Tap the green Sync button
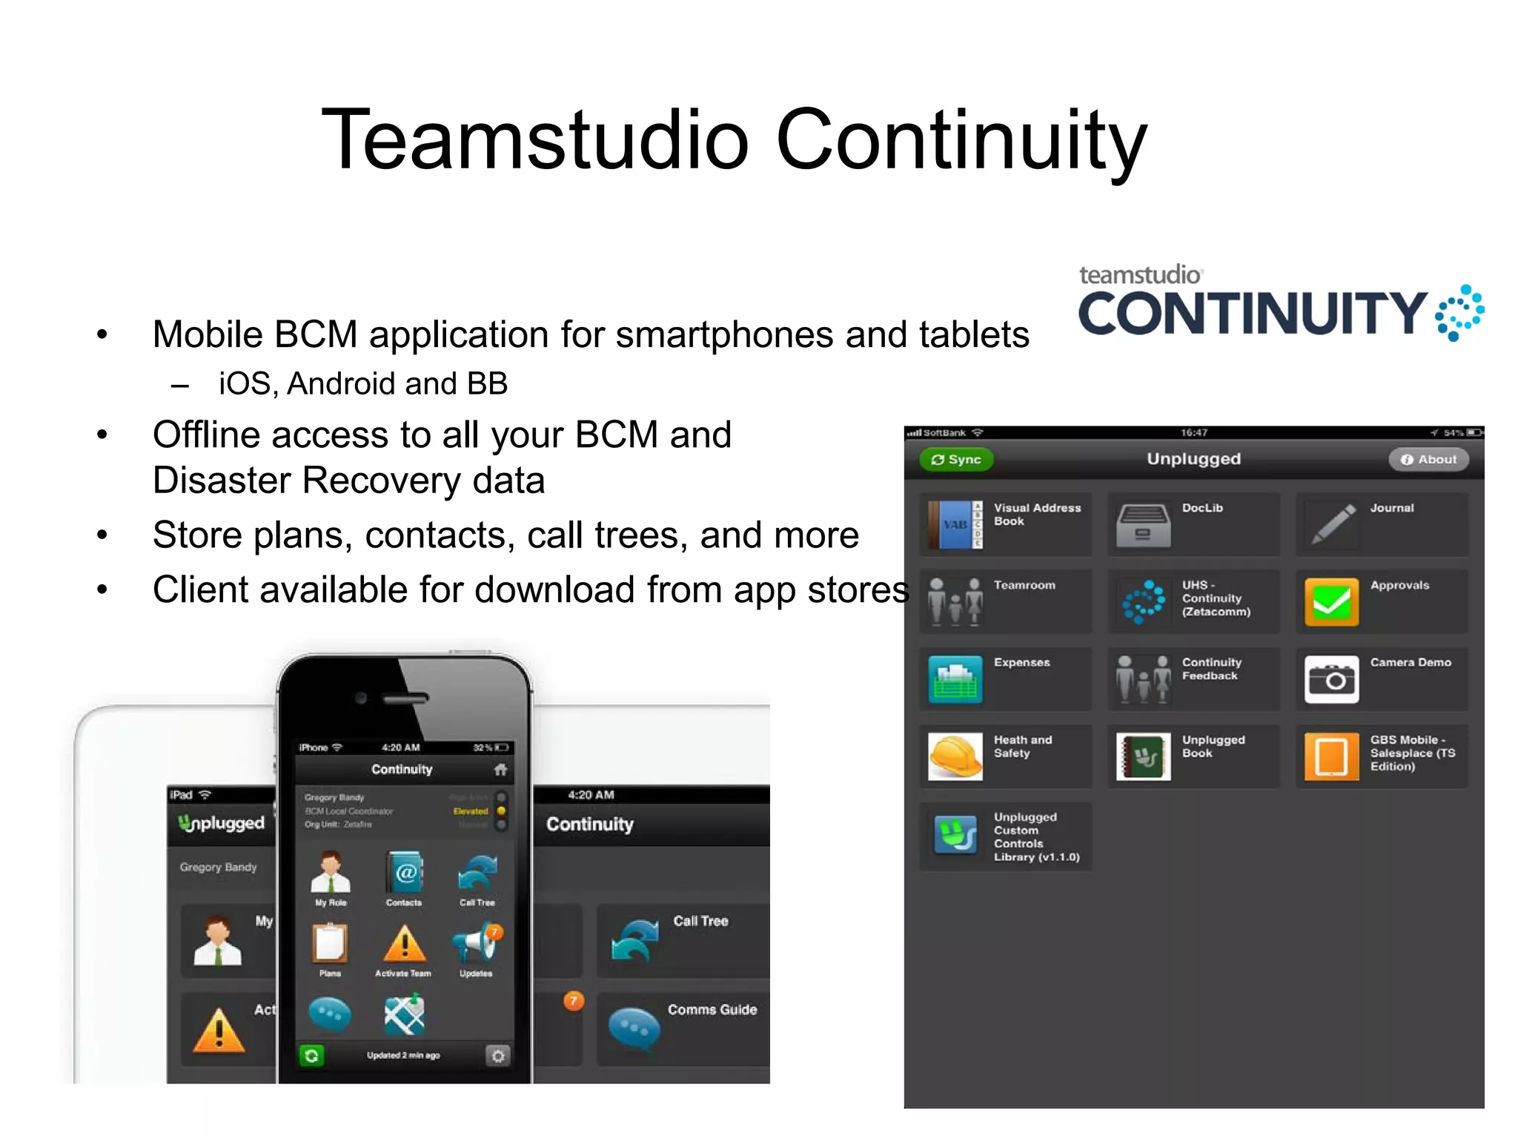(x=955, y=460)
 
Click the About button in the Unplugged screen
(x=1428, y=460)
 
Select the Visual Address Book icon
(x=955, y=524)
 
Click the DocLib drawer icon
(x=1143, y=525)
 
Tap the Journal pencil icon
(x=1332, y=524)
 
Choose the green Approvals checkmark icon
(x=1331, y=602)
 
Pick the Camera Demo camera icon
(x=1331, y=679)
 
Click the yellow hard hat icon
(x=955, y=756)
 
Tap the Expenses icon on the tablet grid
(x=955, y=679)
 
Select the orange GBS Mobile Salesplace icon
(x=1331, y=756)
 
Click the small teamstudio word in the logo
(x=1139, y=275)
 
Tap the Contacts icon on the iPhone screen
(x=405, y=873)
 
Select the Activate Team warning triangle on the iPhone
(x=404, y=943)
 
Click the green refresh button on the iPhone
(x=312, y=1055)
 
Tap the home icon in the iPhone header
(x=501, y=770)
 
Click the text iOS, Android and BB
(x=362, y=384)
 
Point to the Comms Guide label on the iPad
(x=712, y=1009)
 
